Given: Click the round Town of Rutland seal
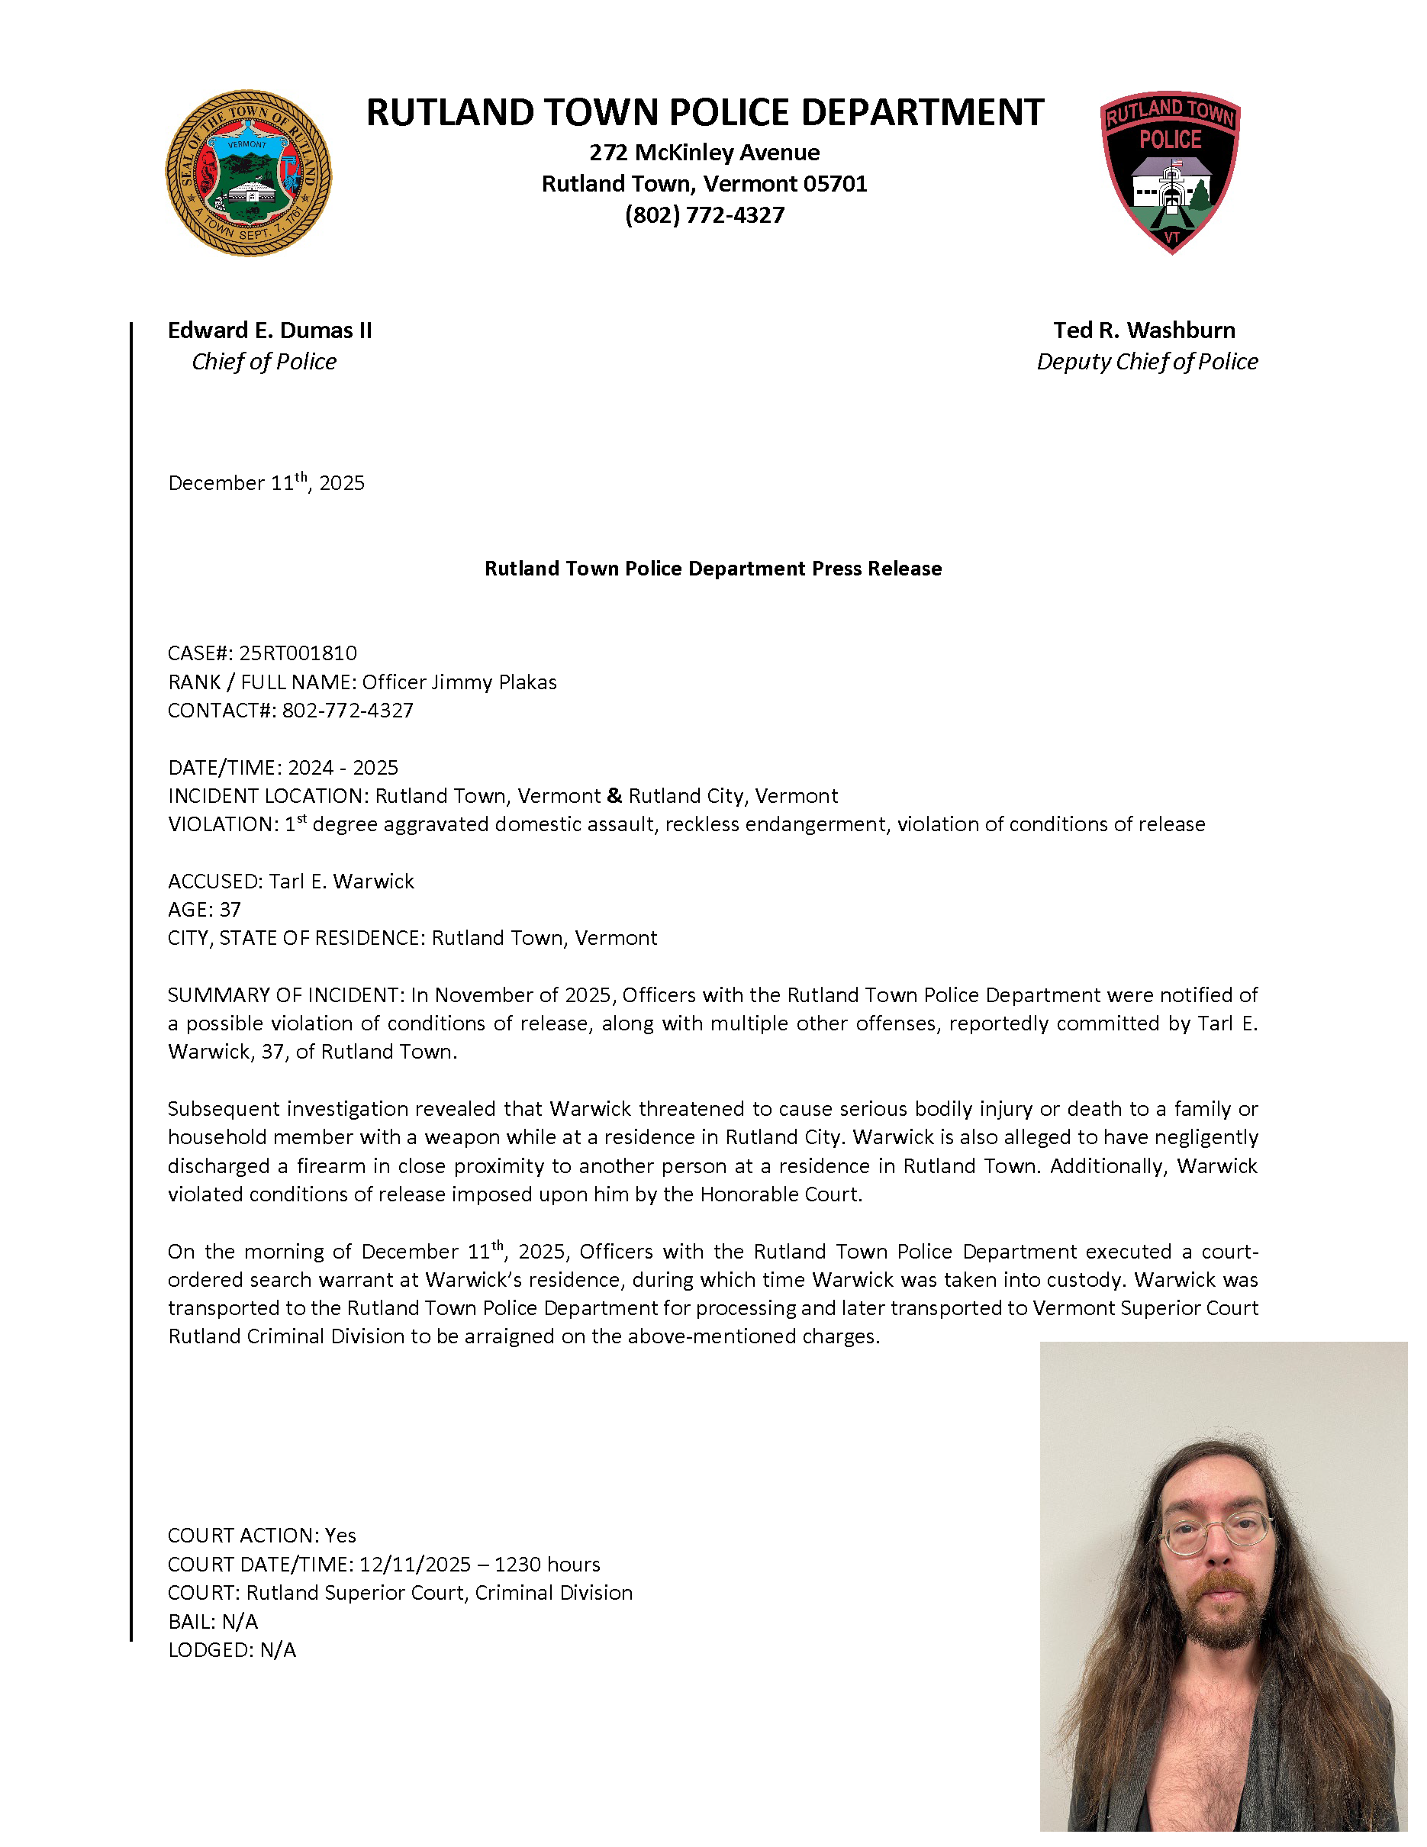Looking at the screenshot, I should click(248, 173).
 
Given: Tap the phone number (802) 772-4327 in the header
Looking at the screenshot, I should click(704, 214).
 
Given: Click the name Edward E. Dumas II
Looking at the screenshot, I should click(269, 330).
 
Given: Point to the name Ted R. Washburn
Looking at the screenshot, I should click(1144, 330).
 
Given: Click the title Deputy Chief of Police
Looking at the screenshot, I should click(1147, 361).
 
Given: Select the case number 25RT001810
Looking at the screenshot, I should click(298, 653).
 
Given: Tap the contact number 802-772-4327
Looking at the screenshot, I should click(347, 711).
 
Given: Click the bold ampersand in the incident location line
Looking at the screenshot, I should click(614, 796).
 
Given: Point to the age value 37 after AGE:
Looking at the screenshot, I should click(230, 910).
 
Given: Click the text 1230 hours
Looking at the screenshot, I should click(547, 1565).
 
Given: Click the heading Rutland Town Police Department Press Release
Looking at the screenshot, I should click(713, 569).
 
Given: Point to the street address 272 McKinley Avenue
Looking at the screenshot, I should click(704, 152).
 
